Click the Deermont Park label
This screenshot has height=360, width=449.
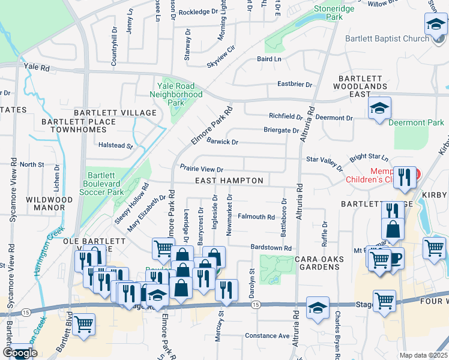[x=416, y=123]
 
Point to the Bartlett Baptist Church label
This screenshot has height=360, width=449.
[x=387, y=38]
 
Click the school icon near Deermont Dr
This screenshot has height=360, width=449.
[x=379, y=109]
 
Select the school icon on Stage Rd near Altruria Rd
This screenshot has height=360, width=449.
[x=318, y=308]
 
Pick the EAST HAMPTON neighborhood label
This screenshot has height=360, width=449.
[x=229, y=181]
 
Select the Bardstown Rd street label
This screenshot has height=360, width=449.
[x=271, y=248]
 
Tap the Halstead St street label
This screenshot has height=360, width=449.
[x=115, y=146]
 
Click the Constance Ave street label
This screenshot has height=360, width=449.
[x=267, y=336]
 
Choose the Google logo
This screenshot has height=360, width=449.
[x=20, y=353]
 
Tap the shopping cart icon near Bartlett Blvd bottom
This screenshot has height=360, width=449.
[x=83, y=325]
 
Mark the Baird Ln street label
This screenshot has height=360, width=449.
[x=269, y=59]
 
